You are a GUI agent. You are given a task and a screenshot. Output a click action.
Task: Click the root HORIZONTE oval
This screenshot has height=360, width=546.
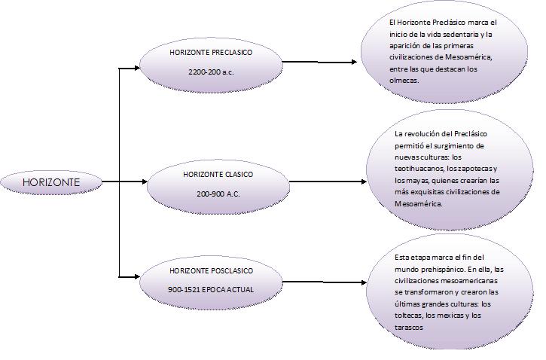(50, 182)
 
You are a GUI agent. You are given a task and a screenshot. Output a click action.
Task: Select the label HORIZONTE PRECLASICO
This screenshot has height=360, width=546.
(211, 53)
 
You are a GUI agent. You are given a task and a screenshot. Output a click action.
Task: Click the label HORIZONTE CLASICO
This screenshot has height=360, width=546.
(218, 174)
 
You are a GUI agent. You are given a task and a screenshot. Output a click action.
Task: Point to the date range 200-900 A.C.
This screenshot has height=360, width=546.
(218, 194)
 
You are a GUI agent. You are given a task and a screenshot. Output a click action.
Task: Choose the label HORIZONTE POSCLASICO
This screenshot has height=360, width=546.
(211, 270)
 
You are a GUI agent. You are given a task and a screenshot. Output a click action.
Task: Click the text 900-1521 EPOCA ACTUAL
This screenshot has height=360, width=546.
(211, 289)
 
